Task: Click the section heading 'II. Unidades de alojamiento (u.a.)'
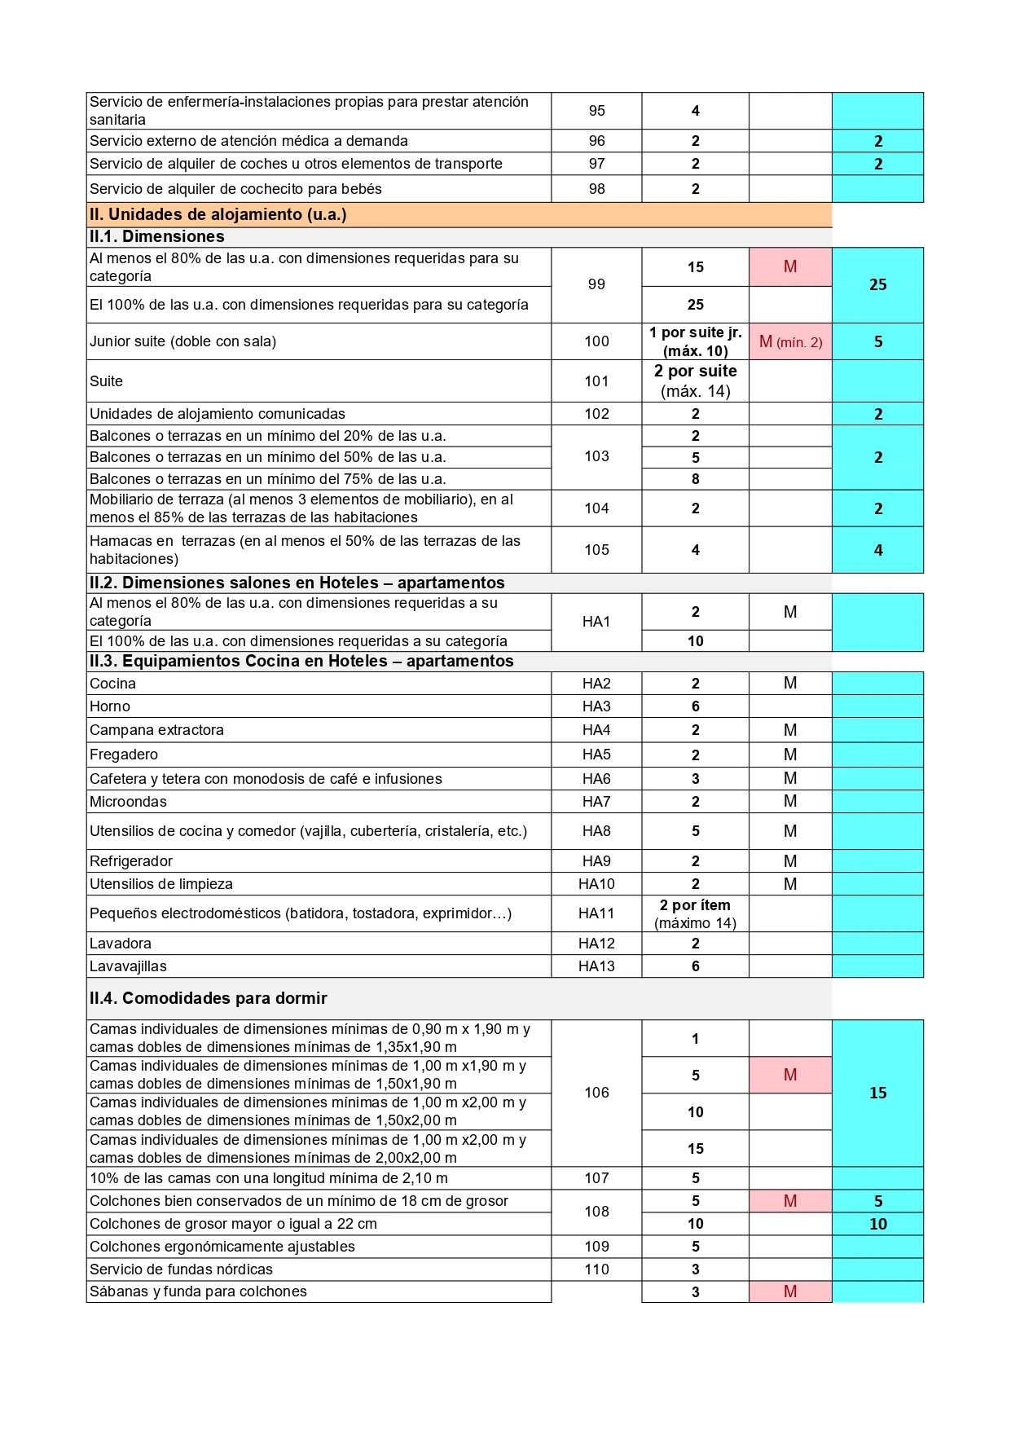218,214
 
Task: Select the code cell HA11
596,913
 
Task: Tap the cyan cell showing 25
877,285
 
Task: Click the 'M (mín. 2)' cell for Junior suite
790,342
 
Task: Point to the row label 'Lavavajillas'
128,966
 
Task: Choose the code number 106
596,1093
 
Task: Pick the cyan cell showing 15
877,1093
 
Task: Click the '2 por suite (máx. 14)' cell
695,381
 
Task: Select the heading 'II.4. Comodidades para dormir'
209,998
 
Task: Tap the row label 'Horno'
110,706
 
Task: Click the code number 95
596,111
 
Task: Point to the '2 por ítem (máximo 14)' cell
695,913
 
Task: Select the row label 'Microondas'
128,802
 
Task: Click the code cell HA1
596,622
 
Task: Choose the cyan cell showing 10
877,1224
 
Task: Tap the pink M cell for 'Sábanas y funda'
790,1291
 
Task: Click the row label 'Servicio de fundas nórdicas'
181,1269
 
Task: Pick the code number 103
596,456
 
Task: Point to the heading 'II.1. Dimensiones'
157,237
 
